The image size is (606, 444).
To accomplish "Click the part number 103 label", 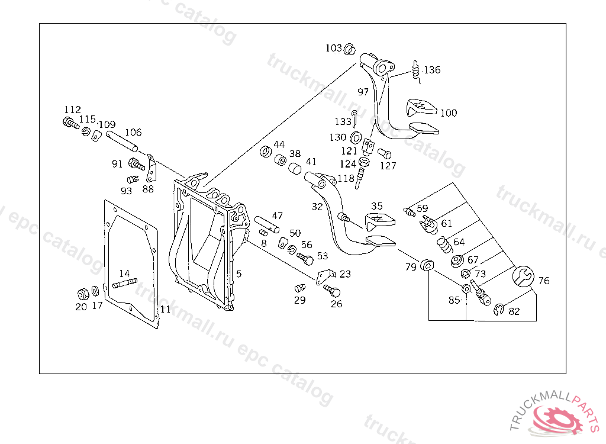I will coord(334,48).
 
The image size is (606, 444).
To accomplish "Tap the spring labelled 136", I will coord(417,70).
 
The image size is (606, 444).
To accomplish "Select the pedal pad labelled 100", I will coord(421,107).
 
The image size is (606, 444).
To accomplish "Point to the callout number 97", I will coord(363,92).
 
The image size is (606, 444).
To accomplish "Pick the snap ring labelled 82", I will coord(499,309).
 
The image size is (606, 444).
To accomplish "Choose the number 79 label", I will coord(411,268).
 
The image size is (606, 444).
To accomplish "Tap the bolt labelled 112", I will coord(69,124).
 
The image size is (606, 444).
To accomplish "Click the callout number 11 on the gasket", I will coord(165,309).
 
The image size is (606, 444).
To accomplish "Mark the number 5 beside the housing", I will coord(238,274).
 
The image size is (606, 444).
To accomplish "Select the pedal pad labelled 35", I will coord(379,221).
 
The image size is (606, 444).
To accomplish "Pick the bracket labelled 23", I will coord(325,276).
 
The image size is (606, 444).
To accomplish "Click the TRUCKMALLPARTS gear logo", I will coord(559,417).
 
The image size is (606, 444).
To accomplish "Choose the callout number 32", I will coord(317,207).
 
